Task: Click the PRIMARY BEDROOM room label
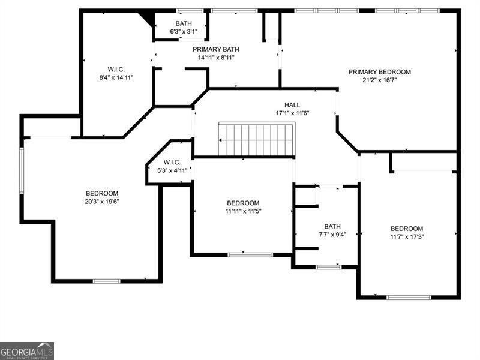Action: pos(380,72)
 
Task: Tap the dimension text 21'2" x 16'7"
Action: pos(380,80)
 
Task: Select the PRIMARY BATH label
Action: pos(216,49)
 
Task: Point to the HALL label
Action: pos(292,105)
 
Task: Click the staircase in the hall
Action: pos(257,139)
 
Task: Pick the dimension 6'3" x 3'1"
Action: pos(184,31)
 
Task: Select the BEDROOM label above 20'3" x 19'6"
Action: pos(102,193)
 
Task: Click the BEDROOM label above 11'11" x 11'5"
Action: pos(243,203)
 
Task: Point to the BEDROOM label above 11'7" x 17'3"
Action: pos(407,229)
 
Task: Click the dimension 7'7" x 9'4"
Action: pos(332,235)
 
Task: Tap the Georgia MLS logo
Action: pos(27,351)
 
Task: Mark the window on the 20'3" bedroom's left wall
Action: pos(22,170)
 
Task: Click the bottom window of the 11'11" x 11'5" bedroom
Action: pos(250,254)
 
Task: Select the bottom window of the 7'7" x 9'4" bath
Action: pos(328,267)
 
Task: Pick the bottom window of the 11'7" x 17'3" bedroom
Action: pos(409,297)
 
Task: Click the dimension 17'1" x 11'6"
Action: pos(292,113)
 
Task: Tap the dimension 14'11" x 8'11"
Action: pos(216,58)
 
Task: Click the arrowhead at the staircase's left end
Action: pos(220,140)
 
